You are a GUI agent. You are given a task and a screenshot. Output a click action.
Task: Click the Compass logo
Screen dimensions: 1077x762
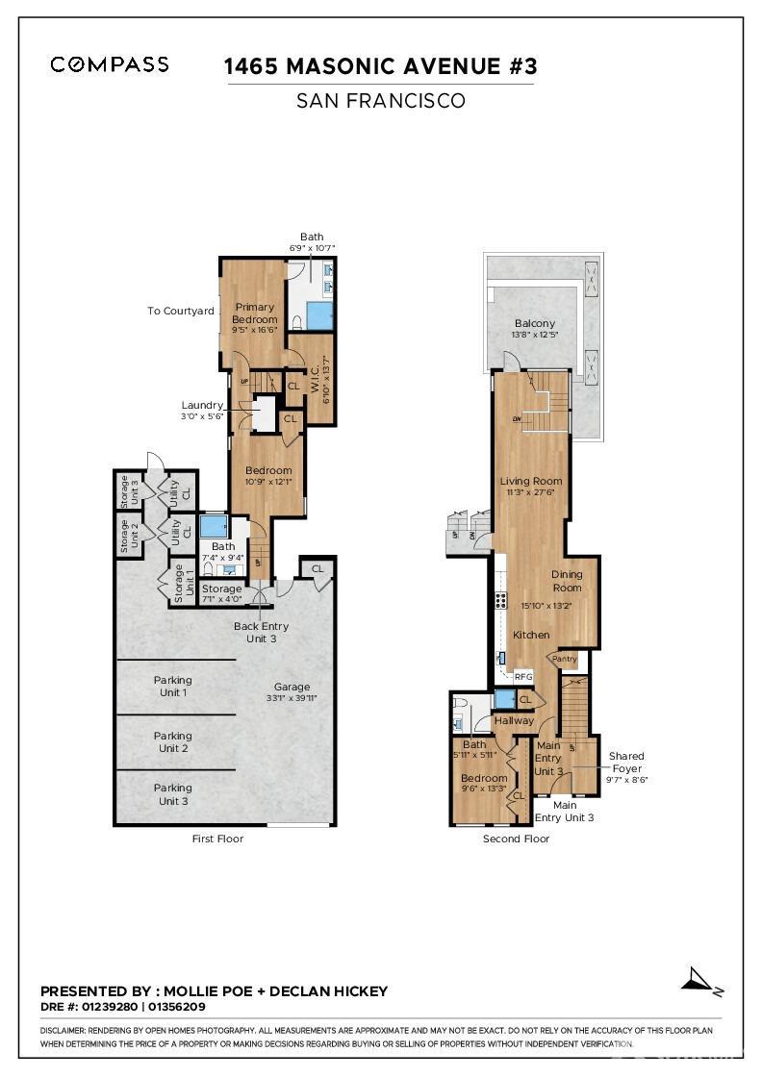(110, 64)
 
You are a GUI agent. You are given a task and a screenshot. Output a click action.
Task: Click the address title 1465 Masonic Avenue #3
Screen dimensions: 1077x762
(380, 66)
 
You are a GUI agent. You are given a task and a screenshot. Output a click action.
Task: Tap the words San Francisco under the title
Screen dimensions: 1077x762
(380, 101)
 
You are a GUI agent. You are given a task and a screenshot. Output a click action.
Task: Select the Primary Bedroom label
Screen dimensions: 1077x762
(254, 313)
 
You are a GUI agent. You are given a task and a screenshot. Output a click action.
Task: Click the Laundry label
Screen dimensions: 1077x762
(202, 405)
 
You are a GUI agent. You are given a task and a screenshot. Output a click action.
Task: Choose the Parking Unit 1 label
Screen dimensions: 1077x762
(172, 686)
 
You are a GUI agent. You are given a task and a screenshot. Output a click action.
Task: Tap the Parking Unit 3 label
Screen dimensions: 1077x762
(172, 793)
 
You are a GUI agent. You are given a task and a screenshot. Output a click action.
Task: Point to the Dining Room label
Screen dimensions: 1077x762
(567, 581)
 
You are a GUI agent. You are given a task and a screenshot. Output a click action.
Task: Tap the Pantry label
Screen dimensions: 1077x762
(564, 659)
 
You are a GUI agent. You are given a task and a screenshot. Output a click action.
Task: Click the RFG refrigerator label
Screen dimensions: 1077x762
(523, 677)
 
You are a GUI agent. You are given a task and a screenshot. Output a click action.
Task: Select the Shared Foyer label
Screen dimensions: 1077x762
(626, 762)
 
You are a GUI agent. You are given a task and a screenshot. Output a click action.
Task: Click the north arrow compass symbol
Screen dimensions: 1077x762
(700, 980)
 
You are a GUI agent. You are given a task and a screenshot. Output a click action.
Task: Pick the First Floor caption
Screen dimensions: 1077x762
(217, 839)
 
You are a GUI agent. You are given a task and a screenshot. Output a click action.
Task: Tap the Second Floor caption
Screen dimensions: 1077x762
(516, 839)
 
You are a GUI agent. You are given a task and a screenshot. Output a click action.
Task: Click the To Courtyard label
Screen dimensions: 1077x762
(180, 311)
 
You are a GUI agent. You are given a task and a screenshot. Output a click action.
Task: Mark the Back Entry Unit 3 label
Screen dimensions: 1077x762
(261, 632)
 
